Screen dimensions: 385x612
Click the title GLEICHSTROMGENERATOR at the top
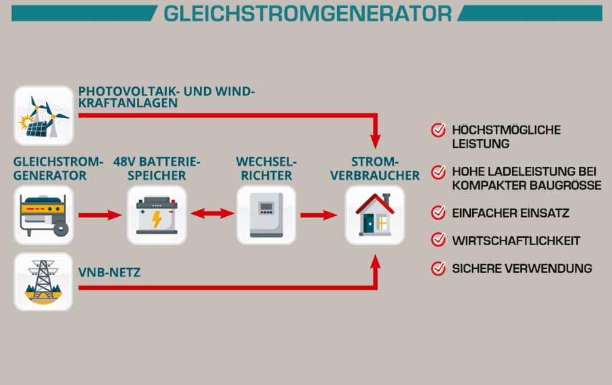pyautogui.click(x=307, y=14)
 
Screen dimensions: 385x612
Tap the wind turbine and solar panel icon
pyautogui.click(x=43, y=115)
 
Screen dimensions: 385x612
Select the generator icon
pyautogui.click(x=43, y=215)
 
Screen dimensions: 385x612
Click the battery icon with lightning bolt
pyautogui.click(x=157, y=215)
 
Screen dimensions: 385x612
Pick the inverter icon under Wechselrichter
pyautogui.click(x=266, y=215)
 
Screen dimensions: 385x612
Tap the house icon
pyautogui.click(x=375, y=215)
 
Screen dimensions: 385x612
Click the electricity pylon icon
pyautogui.click(x=43, y=282)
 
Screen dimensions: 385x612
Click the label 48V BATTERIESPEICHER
pyautogui.click(x=157, y=169)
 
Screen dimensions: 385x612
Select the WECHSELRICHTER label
pyautogui.click(x=266, y=169)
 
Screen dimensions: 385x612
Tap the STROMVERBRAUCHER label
pyautogui.click(x=376, y=169)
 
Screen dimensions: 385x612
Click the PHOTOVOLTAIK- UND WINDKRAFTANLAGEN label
pyautogui.click(x=166, y=97)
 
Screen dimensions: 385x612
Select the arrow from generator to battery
pyautogui.click(x=100, y=215)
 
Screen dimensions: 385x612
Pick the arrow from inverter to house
pyautogui.click(x=320, y=215)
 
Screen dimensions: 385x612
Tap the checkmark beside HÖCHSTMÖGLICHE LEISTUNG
pyautogui.click(x=438, y=130)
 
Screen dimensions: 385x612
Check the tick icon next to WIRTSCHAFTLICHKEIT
pyautogui.click(x=438, y=240)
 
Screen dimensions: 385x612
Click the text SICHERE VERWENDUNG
pyautogui.click(x=521, y=269)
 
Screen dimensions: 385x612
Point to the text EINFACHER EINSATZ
pyautogui.click(x=510, y=213)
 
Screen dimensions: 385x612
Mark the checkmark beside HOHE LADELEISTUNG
pyautogui.click(x=438, y=172)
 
